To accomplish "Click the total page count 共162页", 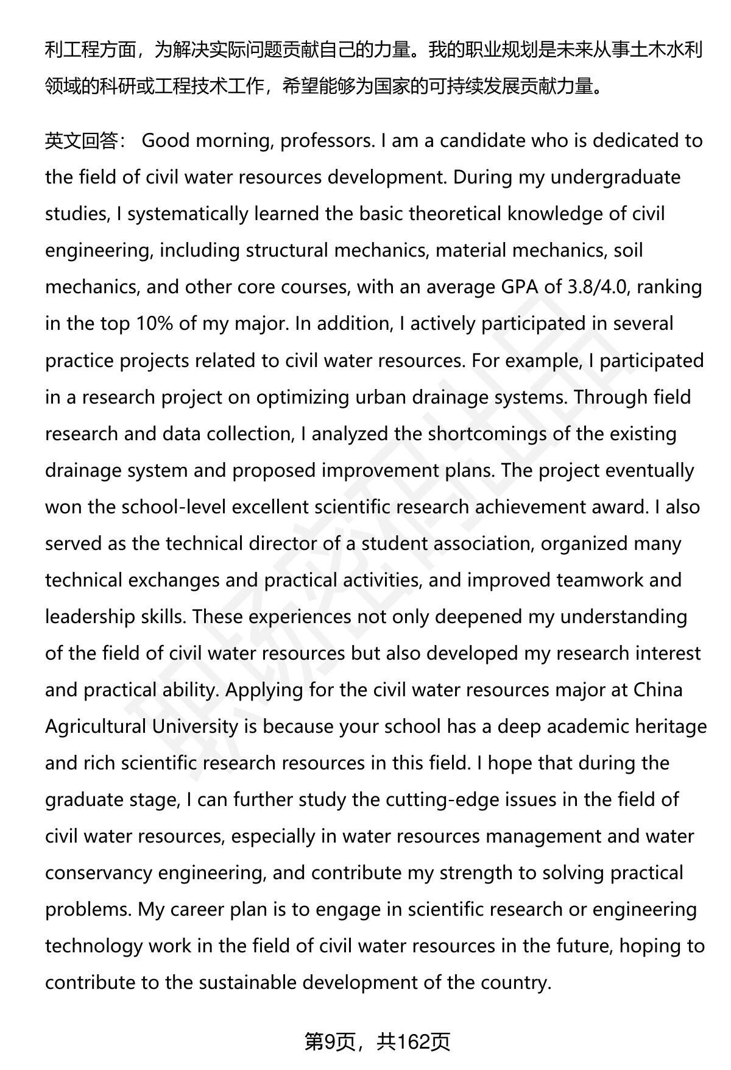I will [413, 1042].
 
